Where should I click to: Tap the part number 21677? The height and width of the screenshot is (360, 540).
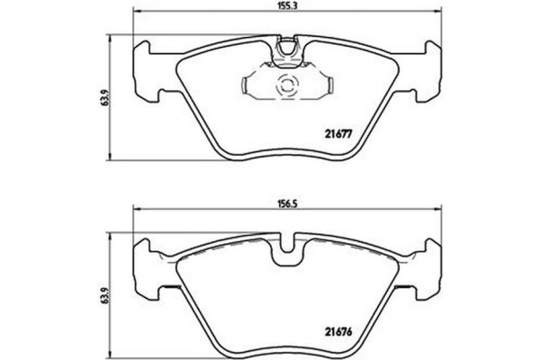(x=337, y=135)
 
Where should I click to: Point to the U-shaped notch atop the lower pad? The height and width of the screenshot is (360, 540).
(x=289, y=245)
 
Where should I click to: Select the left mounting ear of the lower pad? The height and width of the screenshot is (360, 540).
(x=148, y=265)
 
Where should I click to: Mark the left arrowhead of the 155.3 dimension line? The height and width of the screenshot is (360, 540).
(x=137, y=13)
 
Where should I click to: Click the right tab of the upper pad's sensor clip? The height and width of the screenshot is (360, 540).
(x=328, y=86)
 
